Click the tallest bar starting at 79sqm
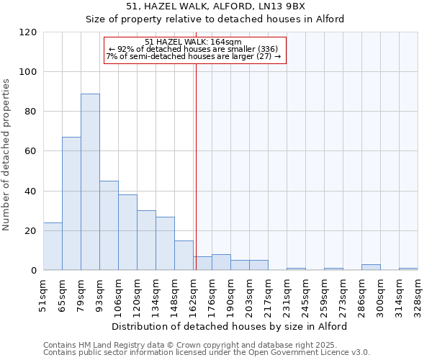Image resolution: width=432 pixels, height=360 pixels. (90, 182)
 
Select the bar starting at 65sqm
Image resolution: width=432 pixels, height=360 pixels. (71, 204)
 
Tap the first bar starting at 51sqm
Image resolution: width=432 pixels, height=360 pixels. (53, 246)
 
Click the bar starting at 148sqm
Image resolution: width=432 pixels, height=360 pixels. (184, 256)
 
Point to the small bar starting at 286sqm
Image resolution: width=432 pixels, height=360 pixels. (371, 267)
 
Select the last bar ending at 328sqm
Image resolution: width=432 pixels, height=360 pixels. (408, 269)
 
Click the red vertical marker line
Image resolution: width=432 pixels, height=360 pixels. (196, 166)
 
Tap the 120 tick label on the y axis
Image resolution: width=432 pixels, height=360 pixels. (28, 32)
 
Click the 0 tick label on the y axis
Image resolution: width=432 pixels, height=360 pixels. (34, 271)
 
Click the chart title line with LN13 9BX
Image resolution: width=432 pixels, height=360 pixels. (215, 6)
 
